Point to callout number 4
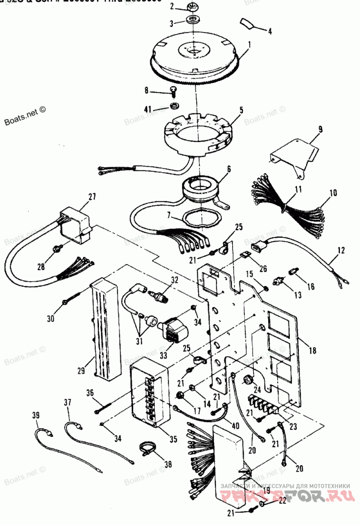[x=270, y=32]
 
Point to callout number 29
[x=81, y=371]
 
